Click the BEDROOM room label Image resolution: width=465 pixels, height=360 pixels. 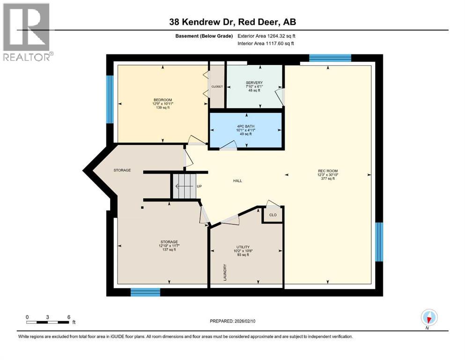(x=162, y=100)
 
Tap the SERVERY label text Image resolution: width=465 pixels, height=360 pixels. (x=254, y=83)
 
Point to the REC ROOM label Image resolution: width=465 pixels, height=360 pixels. (x=327, y=171)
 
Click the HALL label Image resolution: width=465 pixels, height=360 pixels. (x=237, y=180)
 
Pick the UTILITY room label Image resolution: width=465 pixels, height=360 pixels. (x=243, y=247)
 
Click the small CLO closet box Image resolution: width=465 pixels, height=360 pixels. (x=273, y=215)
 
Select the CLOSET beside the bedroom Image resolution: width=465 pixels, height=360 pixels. (x=217, y=87)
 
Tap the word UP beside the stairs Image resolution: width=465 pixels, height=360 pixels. (x=199, y=186)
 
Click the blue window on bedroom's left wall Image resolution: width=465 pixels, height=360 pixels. (x=110, y=99)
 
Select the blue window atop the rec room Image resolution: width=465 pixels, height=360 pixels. (x=330, y=58)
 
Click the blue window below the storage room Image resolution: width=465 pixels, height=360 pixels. (x=145, y=292)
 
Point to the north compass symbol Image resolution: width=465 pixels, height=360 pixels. (x=429, y=317)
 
